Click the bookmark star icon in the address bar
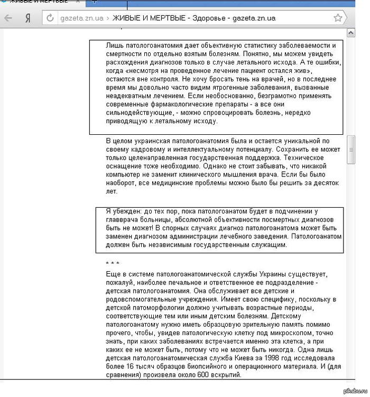(x=338, y=17)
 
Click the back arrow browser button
(x=8, y=18)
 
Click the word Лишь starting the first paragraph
(x=114, y=45)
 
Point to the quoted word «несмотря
(x=146, y=71)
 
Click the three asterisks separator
(x=113, y=263)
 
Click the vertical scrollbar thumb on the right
(x=350, y=150)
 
